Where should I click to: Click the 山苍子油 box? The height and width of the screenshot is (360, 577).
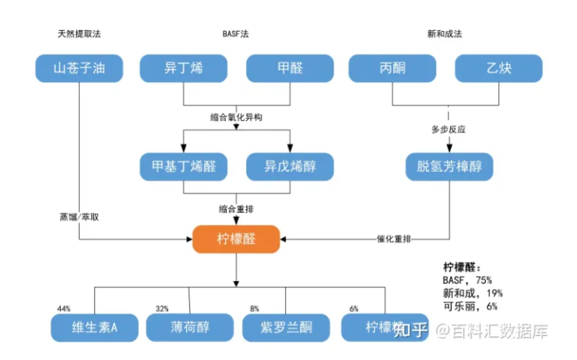(79, 68)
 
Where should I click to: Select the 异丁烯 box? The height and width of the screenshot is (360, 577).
(184, 68)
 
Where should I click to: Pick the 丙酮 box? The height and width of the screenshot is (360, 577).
(393, 68)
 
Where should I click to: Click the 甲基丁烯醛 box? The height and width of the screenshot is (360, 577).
(184, 166)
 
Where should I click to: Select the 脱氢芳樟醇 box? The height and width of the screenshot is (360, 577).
(449, 166)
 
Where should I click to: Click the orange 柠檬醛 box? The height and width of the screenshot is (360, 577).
(236, 239)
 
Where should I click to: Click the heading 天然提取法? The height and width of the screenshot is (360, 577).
(79, 34)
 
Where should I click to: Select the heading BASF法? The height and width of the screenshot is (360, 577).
(236, 34)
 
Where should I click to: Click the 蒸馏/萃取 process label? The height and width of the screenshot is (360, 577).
(85, 217)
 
